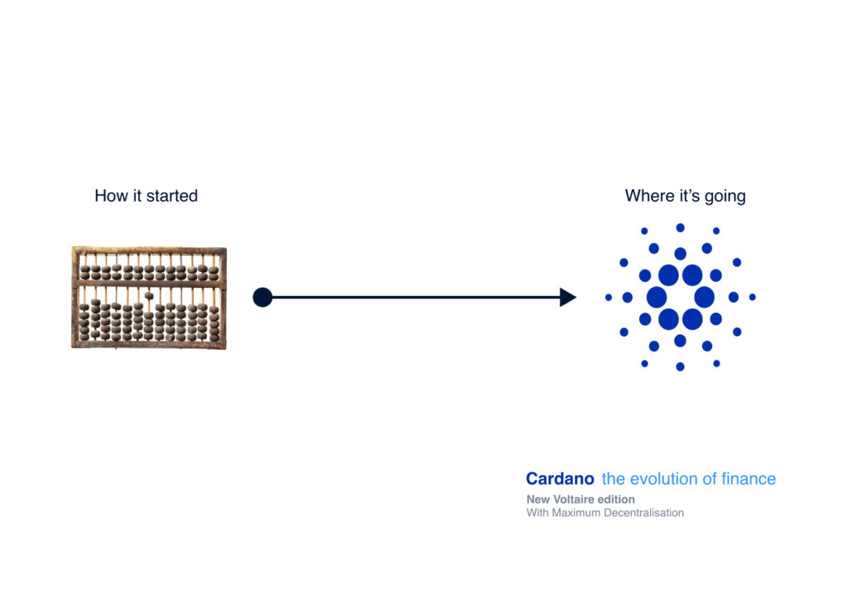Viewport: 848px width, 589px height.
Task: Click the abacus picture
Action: point(149,298)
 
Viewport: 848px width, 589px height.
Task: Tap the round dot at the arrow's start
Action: point(263,297)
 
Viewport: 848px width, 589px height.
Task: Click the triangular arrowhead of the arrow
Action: point(568,297)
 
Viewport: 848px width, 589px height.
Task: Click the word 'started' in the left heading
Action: point(172,195)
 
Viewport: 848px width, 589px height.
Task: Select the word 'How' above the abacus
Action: point(112,195)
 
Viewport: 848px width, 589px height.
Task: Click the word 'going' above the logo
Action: point(725,197)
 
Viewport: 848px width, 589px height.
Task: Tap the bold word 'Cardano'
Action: point(560,479)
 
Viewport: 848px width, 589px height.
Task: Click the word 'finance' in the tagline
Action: point(749,479)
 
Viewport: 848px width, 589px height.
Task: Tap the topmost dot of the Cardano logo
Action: point(681,228)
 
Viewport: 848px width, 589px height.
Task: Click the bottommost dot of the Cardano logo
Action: point(681,367)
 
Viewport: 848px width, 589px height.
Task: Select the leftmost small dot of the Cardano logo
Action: point(609,297)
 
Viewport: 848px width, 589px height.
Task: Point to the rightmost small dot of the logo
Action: point(752,297)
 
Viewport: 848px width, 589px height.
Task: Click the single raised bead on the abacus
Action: point(149,295)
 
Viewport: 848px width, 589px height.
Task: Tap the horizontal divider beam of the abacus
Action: point(149,283)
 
